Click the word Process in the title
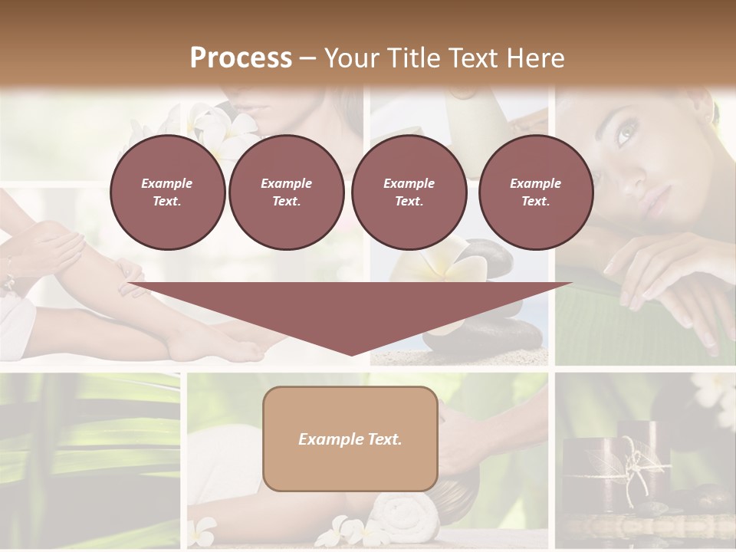[241, 58]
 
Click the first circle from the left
[167, 192]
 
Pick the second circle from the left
[286, 192]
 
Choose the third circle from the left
[409, 192]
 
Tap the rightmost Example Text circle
[535, 192]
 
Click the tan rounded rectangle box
[350, 439]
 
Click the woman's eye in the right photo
[625, 136]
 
